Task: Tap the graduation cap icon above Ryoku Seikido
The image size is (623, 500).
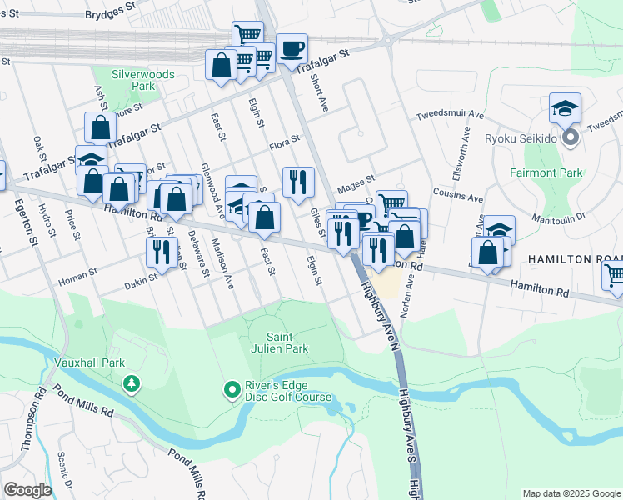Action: tap(565, 108)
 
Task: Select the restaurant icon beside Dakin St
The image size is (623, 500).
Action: tap(162, 250)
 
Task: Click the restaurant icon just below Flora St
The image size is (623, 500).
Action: tap(298, 181)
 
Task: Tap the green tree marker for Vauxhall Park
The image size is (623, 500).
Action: tap(131, 383)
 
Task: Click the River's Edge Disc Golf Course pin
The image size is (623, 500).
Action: tap(232, 389)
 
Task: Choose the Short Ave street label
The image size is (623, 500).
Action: tap(320, 94)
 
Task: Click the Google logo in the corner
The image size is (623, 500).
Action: tap(27, 490)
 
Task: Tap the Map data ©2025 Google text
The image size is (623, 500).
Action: tap(570, 493)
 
